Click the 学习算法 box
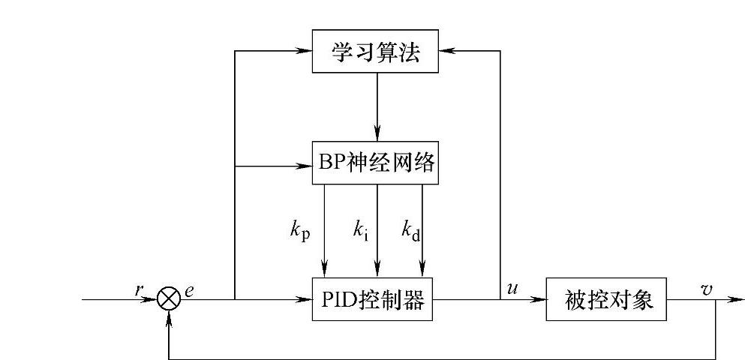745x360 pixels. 375,52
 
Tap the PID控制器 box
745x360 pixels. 372,300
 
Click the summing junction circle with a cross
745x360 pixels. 170,300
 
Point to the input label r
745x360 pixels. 139,289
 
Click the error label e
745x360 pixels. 189,289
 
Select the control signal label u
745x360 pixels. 513,288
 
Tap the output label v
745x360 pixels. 707,289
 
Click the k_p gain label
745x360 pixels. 301,229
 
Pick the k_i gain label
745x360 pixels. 360,229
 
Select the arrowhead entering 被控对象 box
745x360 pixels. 539,300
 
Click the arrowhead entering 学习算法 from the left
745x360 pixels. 305,52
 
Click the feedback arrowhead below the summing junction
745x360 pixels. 172,317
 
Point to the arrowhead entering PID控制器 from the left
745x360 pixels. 305,300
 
